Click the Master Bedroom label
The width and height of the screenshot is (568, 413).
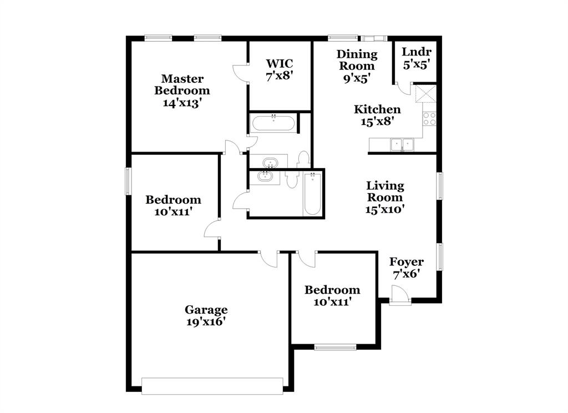[x=182, y=90]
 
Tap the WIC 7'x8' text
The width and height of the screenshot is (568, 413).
[x=279, y=69]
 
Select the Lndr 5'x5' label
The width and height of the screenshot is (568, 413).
[x=416, y=58]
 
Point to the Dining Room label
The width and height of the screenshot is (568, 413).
[x=357, y=66]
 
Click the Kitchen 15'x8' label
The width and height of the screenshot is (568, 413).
[x=377, y=115]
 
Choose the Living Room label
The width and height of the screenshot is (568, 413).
[x=384, y=197]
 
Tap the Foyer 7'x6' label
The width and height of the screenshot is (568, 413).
[x=406, y=268]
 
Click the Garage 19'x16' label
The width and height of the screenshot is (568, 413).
[x=206, y=315]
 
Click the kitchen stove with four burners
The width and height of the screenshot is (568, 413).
[x=430, y=118]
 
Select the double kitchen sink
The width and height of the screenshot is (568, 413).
[x=402, y=144]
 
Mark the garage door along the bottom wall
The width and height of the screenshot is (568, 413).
[x=212, y=386]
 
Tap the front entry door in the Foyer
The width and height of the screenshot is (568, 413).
[x=399, y=295]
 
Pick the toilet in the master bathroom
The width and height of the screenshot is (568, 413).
[x=303, y=159]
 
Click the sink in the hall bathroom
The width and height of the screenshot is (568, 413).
[x=265, y=177]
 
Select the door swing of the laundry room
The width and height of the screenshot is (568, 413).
[x=403, y=90]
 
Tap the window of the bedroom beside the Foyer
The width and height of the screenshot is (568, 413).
[x=335, y=348]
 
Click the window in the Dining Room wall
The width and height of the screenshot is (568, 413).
[x=338, y=38]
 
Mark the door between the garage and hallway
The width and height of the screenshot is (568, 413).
[x=269, y=258]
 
